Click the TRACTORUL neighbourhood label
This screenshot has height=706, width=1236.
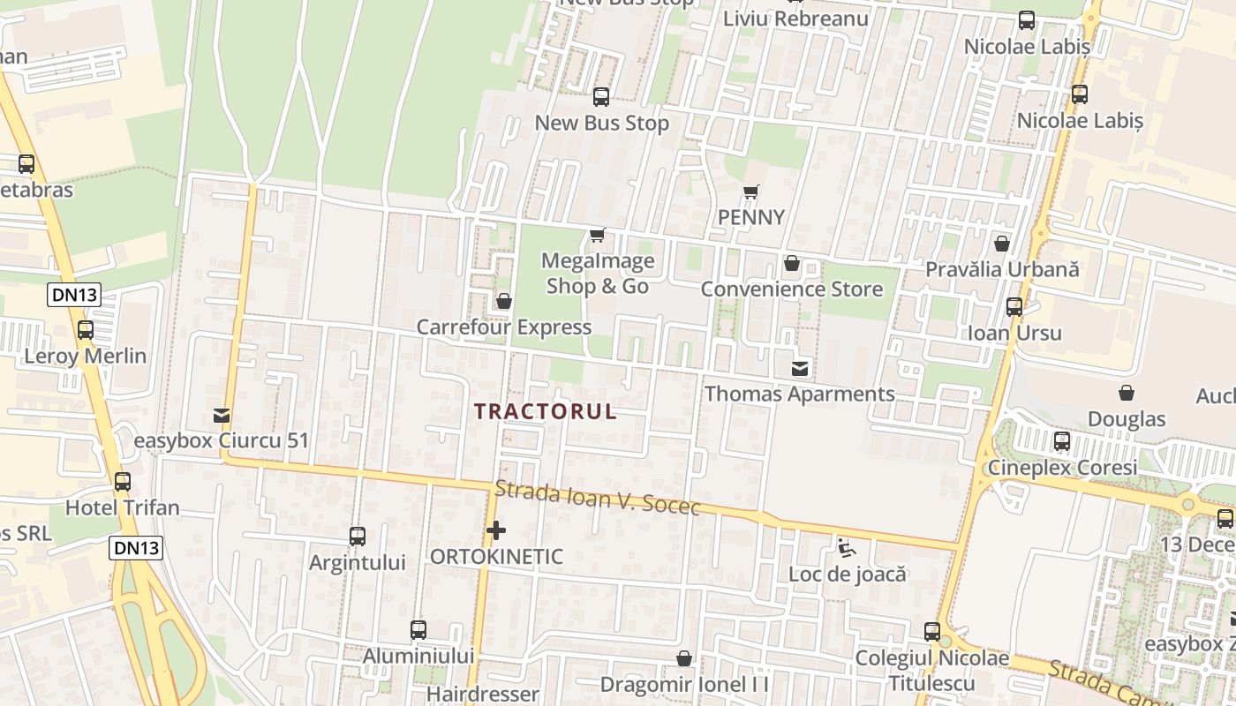[x=545, y=412]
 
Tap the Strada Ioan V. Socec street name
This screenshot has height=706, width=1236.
[x=598, y=499]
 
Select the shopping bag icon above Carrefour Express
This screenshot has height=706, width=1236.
[x=504, y=302]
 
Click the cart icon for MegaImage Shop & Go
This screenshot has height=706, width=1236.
[x=598, y=236]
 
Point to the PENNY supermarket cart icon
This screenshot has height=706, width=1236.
[x=751, y=192]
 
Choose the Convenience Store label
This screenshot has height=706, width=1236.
[x=791, y=289]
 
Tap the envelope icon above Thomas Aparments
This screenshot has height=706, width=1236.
[x=800, y=369]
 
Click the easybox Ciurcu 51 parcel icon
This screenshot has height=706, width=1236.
[x=222, y=415]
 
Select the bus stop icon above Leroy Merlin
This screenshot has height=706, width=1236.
[x=86, y=330]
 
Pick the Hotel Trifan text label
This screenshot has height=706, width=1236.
[x=123, y=508]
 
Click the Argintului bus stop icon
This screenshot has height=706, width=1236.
[x=358, y=536]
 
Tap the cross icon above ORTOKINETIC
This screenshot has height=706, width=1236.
[x=496, y=531]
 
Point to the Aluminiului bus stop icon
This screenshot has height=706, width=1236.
[x=418, y=630]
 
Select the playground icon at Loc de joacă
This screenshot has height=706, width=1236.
[x=847, y=548]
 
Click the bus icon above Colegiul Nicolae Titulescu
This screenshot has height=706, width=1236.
[x=932, y=632]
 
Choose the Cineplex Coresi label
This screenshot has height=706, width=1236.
[x=1063, y=468]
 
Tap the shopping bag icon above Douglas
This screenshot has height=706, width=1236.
[x=1127, y=393]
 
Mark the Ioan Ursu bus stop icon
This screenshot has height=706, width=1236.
[x=1014, y=307]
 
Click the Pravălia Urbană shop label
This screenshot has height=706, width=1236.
[x=1002, y=269]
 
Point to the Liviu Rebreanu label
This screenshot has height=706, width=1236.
[x=795, y=19]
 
